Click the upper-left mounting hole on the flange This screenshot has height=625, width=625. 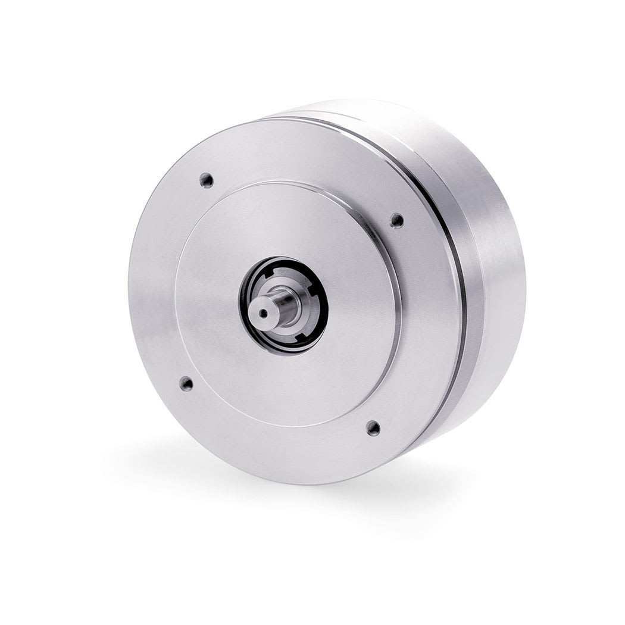coord(207,179)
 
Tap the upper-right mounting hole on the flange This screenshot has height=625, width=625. coord(396,220)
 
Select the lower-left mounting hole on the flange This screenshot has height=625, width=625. coord(186,383)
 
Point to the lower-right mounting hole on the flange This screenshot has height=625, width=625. coord(373,427)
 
